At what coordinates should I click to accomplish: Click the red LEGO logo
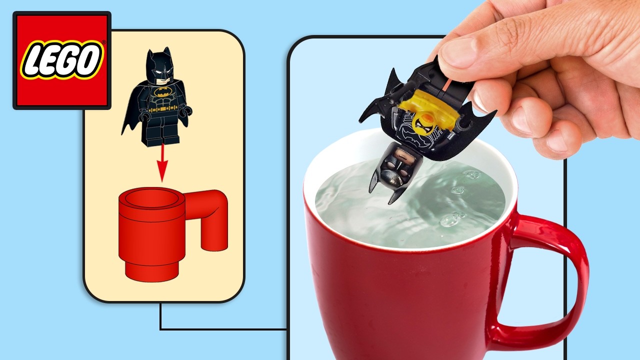point(62,60)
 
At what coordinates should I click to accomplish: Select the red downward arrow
point(162,162)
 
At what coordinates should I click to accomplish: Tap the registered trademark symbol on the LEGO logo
point(103,42)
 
